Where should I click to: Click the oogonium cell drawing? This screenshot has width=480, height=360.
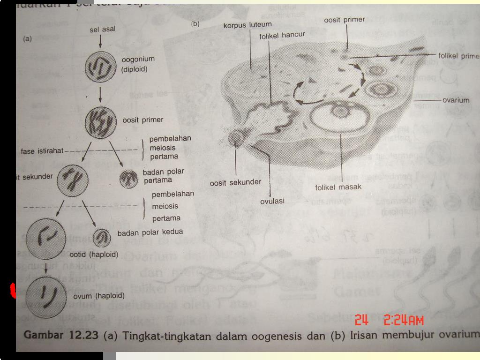click(x=100, y=67)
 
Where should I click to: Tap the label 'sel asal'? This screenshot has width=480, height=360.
click(x=102, y=30)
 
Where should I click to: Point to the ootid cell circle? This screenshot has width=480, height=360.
click(x=46, y=237)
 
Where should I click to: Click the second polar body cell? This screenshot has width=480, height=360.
click(x=101, y=239)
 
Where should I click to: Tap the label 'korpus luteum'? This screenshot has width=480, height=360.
click(x=247, y=24)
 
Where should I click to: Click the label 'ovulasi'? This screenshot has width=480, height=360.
click(x=272, y=201)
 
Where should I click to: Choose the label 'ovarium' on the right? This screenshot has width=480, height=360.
click(x=456, y=100)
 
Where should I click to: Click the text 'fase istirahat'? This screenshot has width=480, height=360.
click(x=42, y=151)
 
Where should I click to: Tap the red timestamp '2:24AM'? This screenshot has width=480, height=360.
click(x=404, y=321)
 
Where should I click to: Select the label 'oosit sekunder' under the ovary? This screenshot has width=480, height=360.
click(x=235, y=183)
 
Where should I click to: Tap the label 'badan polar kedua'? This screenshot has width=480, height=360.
click(x=150, y=232)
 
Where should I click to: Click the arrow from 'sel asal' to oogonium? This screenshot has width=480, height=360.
click(x=100, y=42)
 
